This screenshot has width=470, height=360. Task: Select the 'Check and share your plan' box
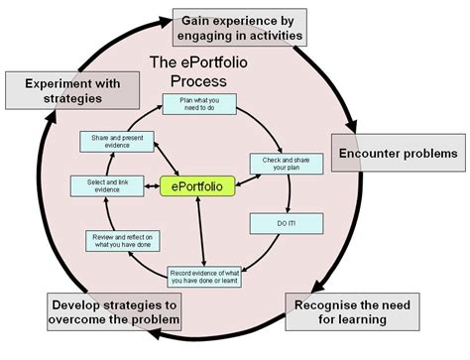pyautogui.click(x=276, y=163)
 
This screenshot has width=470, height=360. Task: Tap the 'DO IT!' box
pyautogui.click(x=285, y=224)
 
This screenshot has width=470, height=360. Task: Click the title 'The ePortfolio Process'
pyautogui.click(x=201, y=69)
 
